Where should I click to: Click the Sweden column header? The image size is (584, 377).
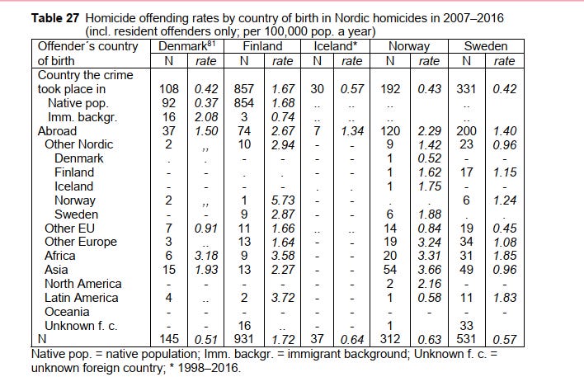tap(485, 46)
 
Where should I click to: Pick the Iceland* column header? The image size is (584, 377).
tap(333, 46)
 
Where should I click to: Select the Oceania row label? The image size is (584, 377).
tap(68, 312)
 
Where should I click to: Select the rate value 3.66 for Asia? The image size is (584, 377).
tap(428, 270)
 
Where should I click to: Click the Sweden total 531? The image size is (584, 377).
tap(467, 340)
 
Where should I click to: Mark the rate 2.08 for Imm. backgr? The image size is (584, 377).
tap(206, 116)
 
